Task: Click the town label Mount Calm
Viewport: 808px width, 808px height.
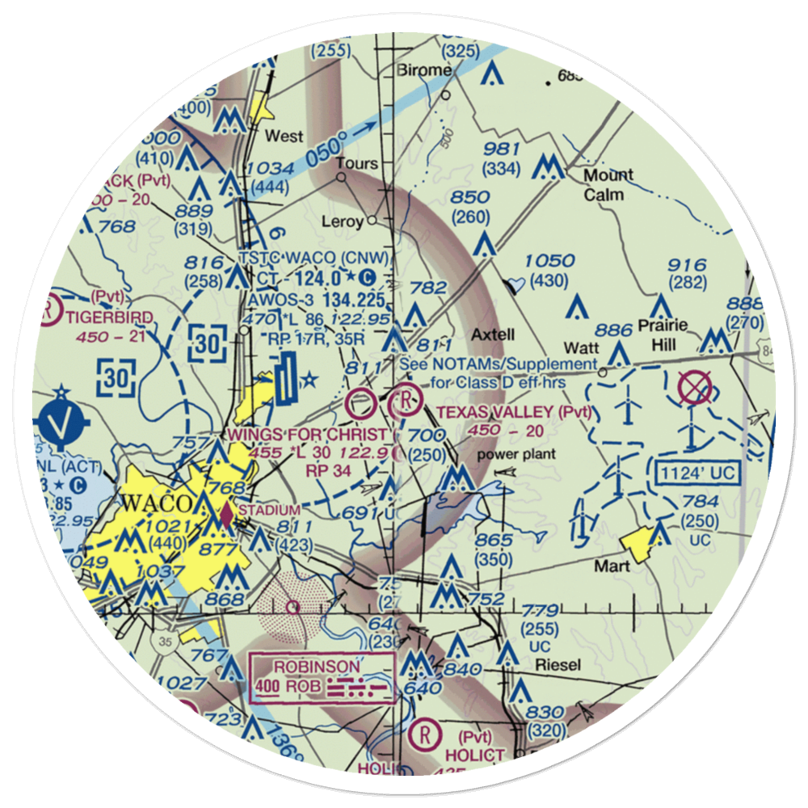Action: (x=608, y=184)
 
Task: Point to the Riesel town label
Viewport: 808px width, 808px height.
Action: (x=558, y=664)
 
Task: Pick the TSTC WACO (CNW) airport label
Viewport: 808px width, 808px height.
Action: (x=315, y=259)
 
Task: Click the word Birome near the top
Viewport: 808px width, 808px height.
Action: (x=425, y=70)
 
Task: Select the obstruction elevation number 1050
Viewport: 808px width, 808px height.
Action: (x=549, y=261)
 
